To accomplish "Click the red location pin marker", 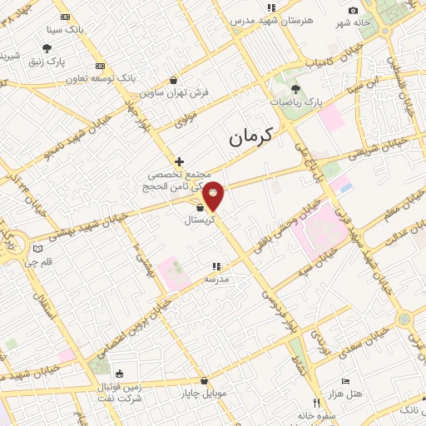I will click(x=214, y=196).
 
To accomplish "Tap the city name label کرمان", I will click(x=255, y=136).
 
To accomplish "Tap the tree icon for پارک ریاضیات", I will click(x=296, y=87).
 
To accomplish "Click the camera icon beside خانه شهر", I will click(x=354, y=10).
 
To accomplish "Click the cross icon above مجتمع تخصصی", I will click(x=178, y=161).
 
